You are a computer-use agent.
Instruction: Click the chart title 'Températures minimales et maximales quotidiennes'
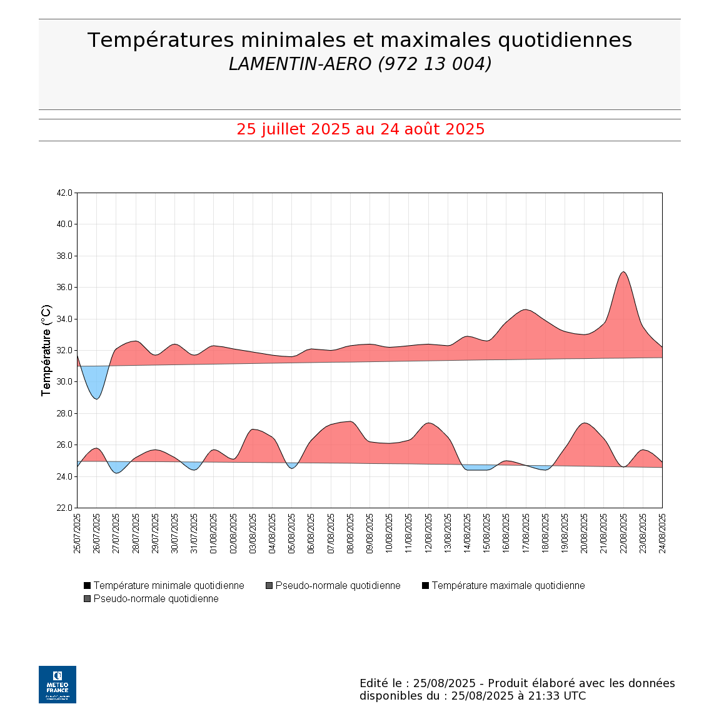tap(359, 40)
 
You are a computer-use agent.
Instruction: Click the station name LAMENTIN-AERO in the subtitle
tap(300, 64)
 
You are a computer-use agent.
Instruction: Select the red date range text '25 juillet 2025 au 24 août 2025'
tap(360, 129)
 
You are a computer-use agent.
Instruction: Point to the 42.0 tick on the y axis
tap(64, 193)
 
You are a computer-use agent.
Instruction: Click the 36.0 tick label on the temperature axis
tap(64, 288)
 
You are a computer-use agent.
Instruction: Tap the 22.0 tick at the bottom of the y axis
tap(64, 508)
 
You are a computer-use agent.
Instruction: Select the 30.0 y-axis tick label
tap(64, 382)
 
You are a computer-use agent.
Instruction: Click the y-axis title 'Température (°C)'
tap(46, 350)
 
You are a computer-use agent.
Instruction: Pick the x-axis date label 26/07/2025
tap(96, 533)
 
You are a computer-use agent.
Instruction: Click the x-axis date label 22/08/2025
tap(623, 533)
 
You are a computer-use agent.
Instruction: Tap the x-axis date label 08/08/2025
tap(350, 533)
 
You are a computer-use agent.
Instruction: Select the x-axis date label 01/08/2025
tap(213, 533)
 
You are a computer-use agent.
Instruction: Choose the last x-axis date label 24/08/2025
tap(662, 533)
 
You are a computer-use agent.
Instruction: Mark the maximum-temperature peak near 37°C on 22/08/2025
tap(623, 272)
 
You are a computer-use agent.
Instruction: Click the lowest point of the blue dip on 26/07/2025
tap(96, 398)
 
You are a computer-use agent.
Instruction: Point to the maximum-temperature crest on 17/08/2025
tap(526, 309)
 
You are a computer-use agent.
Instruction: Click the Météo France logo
tap(58, 685)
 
